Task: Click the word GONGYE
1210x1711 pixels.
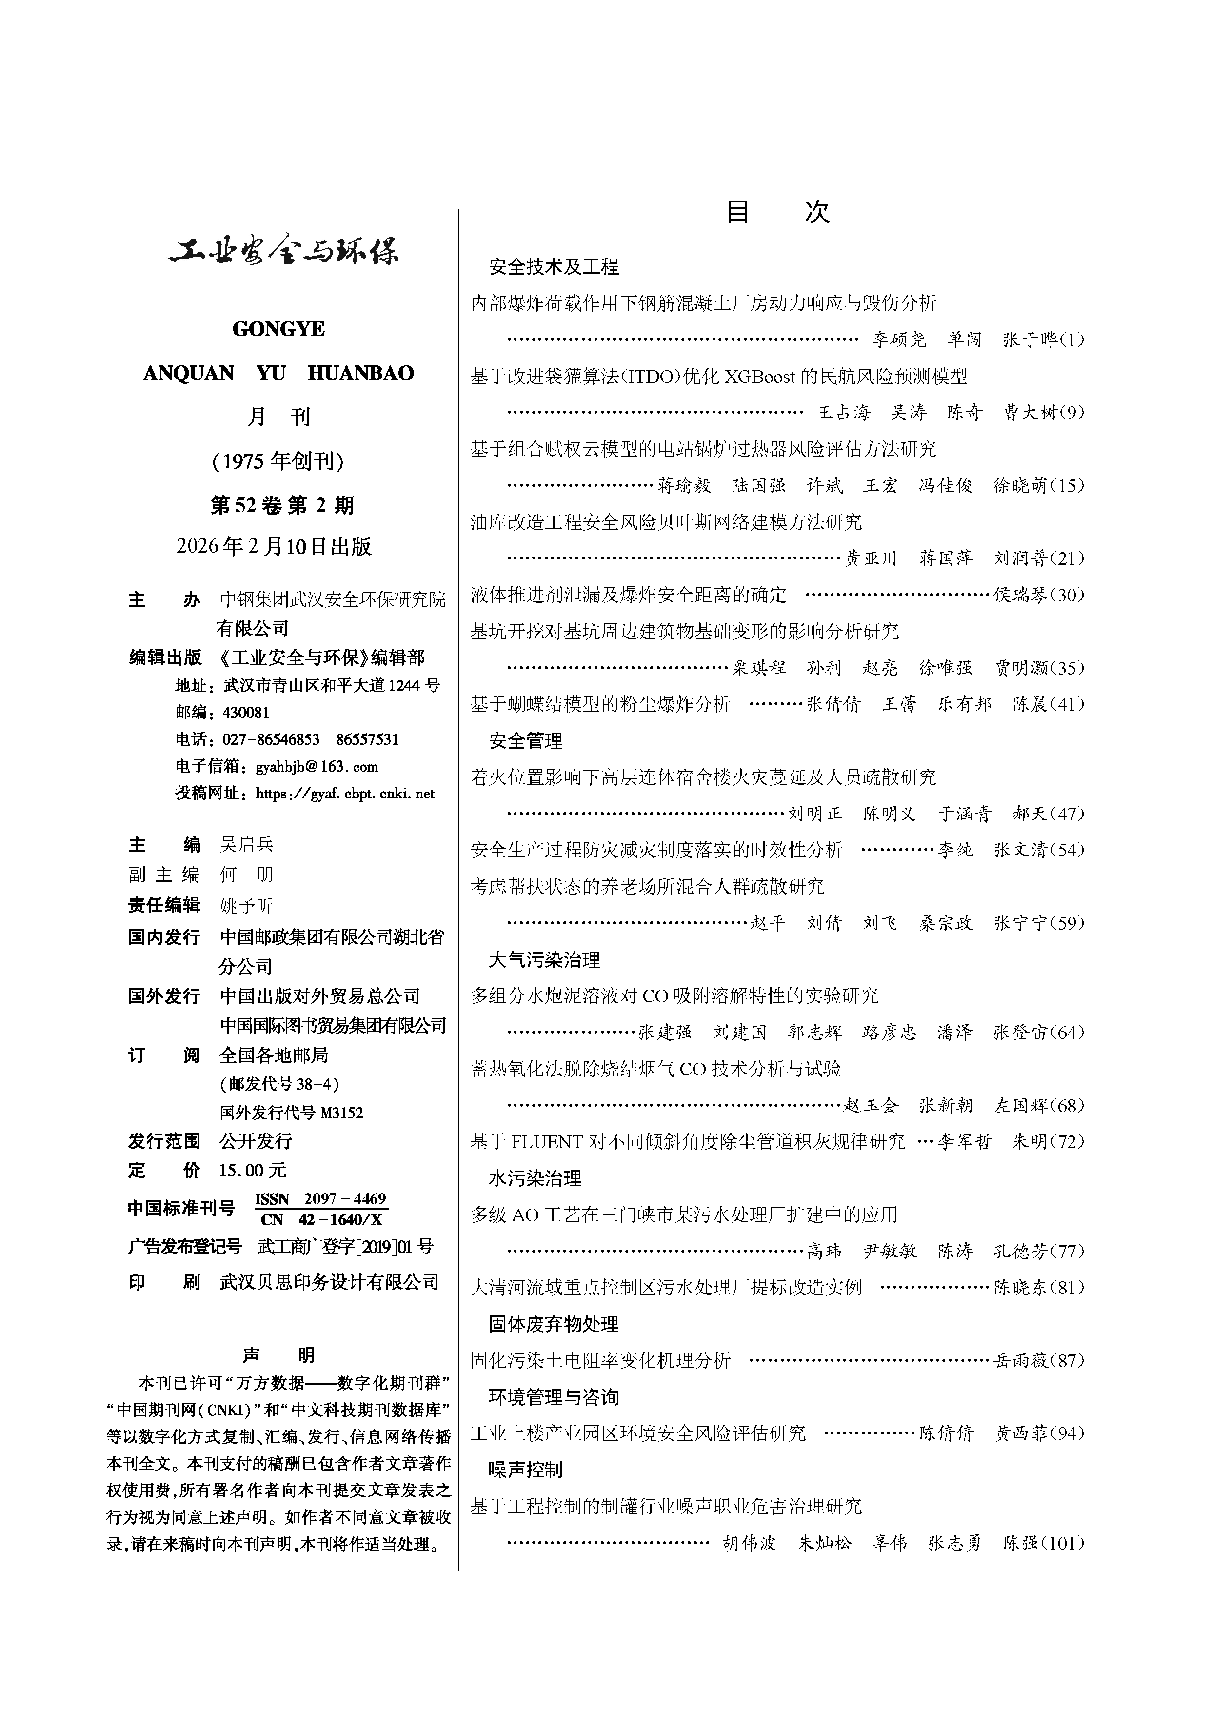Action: click(278, 329)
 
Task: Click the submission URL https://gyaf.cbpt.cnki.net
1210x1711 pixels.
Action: click(345, 794)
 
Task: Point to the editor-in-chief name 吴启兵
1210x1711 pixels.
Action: click(247, 844)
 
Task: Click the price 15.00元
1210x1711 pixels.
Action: click(253, 1171)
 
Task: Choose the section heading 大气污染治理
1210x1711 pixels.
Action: click(544, 960)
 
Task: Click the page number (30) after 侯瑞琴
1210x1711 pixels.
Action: click(1067, 595)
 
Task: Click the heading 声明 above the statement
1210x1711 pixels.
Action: click(278, 1355)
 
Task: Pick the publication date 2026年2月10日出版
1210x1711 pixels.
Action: click(274, 547)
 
